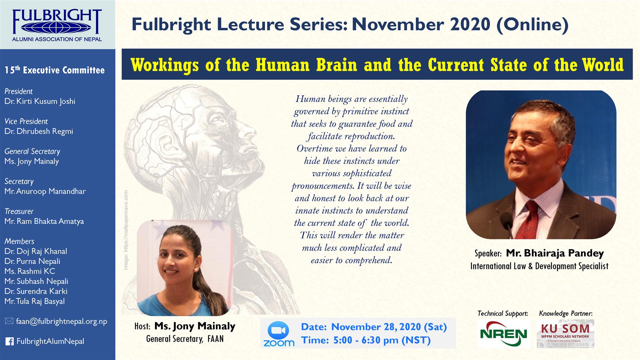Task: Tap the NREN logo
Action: tap(503, 334)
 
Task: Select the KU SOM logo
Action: tap(565, 334)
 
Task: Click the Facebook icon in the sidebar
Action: tap(9, 341)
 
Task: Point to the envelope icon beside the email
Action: tap(9, 321)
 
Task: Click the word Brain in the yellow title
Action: tap(337, 65)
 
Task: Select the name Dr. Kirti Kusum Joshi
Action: tap(40, 101)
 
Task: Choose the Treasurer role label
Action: tap(19, 211)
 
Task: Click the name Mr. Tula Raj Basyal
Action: tap(35, 301)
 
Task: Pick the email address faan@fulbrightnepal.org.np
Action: tap(62, 321)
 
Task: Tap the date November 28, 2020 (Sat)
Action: tap(389, 327)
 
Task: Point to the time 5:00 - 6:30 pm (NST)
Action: tap(382, 340)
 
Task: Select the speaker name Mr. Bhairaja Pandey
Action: tap(555, 253)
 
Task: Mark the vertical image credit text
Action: tap(126, 230)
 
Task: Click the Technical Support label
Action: tap(503, 313)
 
